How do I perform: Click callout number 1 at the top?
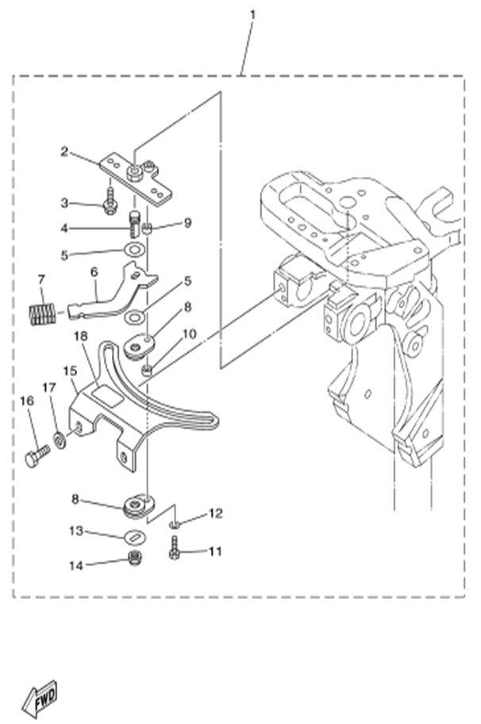tap(252, 14)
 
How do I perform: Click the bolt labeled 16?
tap(36, 456)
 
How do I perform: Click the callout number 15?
tap(69, 370)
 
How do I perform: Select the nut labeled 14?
tap(134, 561)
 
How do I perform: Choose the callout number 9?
tap(187, 223)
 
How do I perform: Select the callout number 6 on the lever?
tap(94, 272)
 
